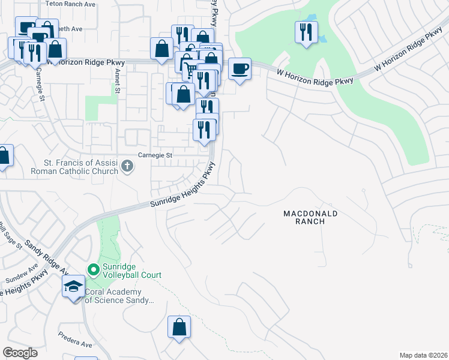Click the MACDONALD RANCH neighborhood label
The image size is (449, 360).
(x=311, y=217)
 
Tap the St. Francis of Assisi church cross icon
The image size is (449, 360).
(x=127, y=166)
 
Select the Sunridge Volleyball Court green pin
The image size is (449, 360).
(x=93, y=270)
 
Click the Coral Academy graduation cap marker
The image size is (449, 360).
(x=73, y=287)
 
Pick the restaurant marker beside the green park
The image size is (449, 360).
(x=306, y=32)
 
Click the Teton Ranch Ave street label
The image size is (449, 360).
(x=70, y=4)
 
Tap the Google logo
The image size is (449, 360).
(x=20, y=353)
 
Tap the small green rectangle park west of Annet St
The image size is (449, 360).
(x=93, y=108)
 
